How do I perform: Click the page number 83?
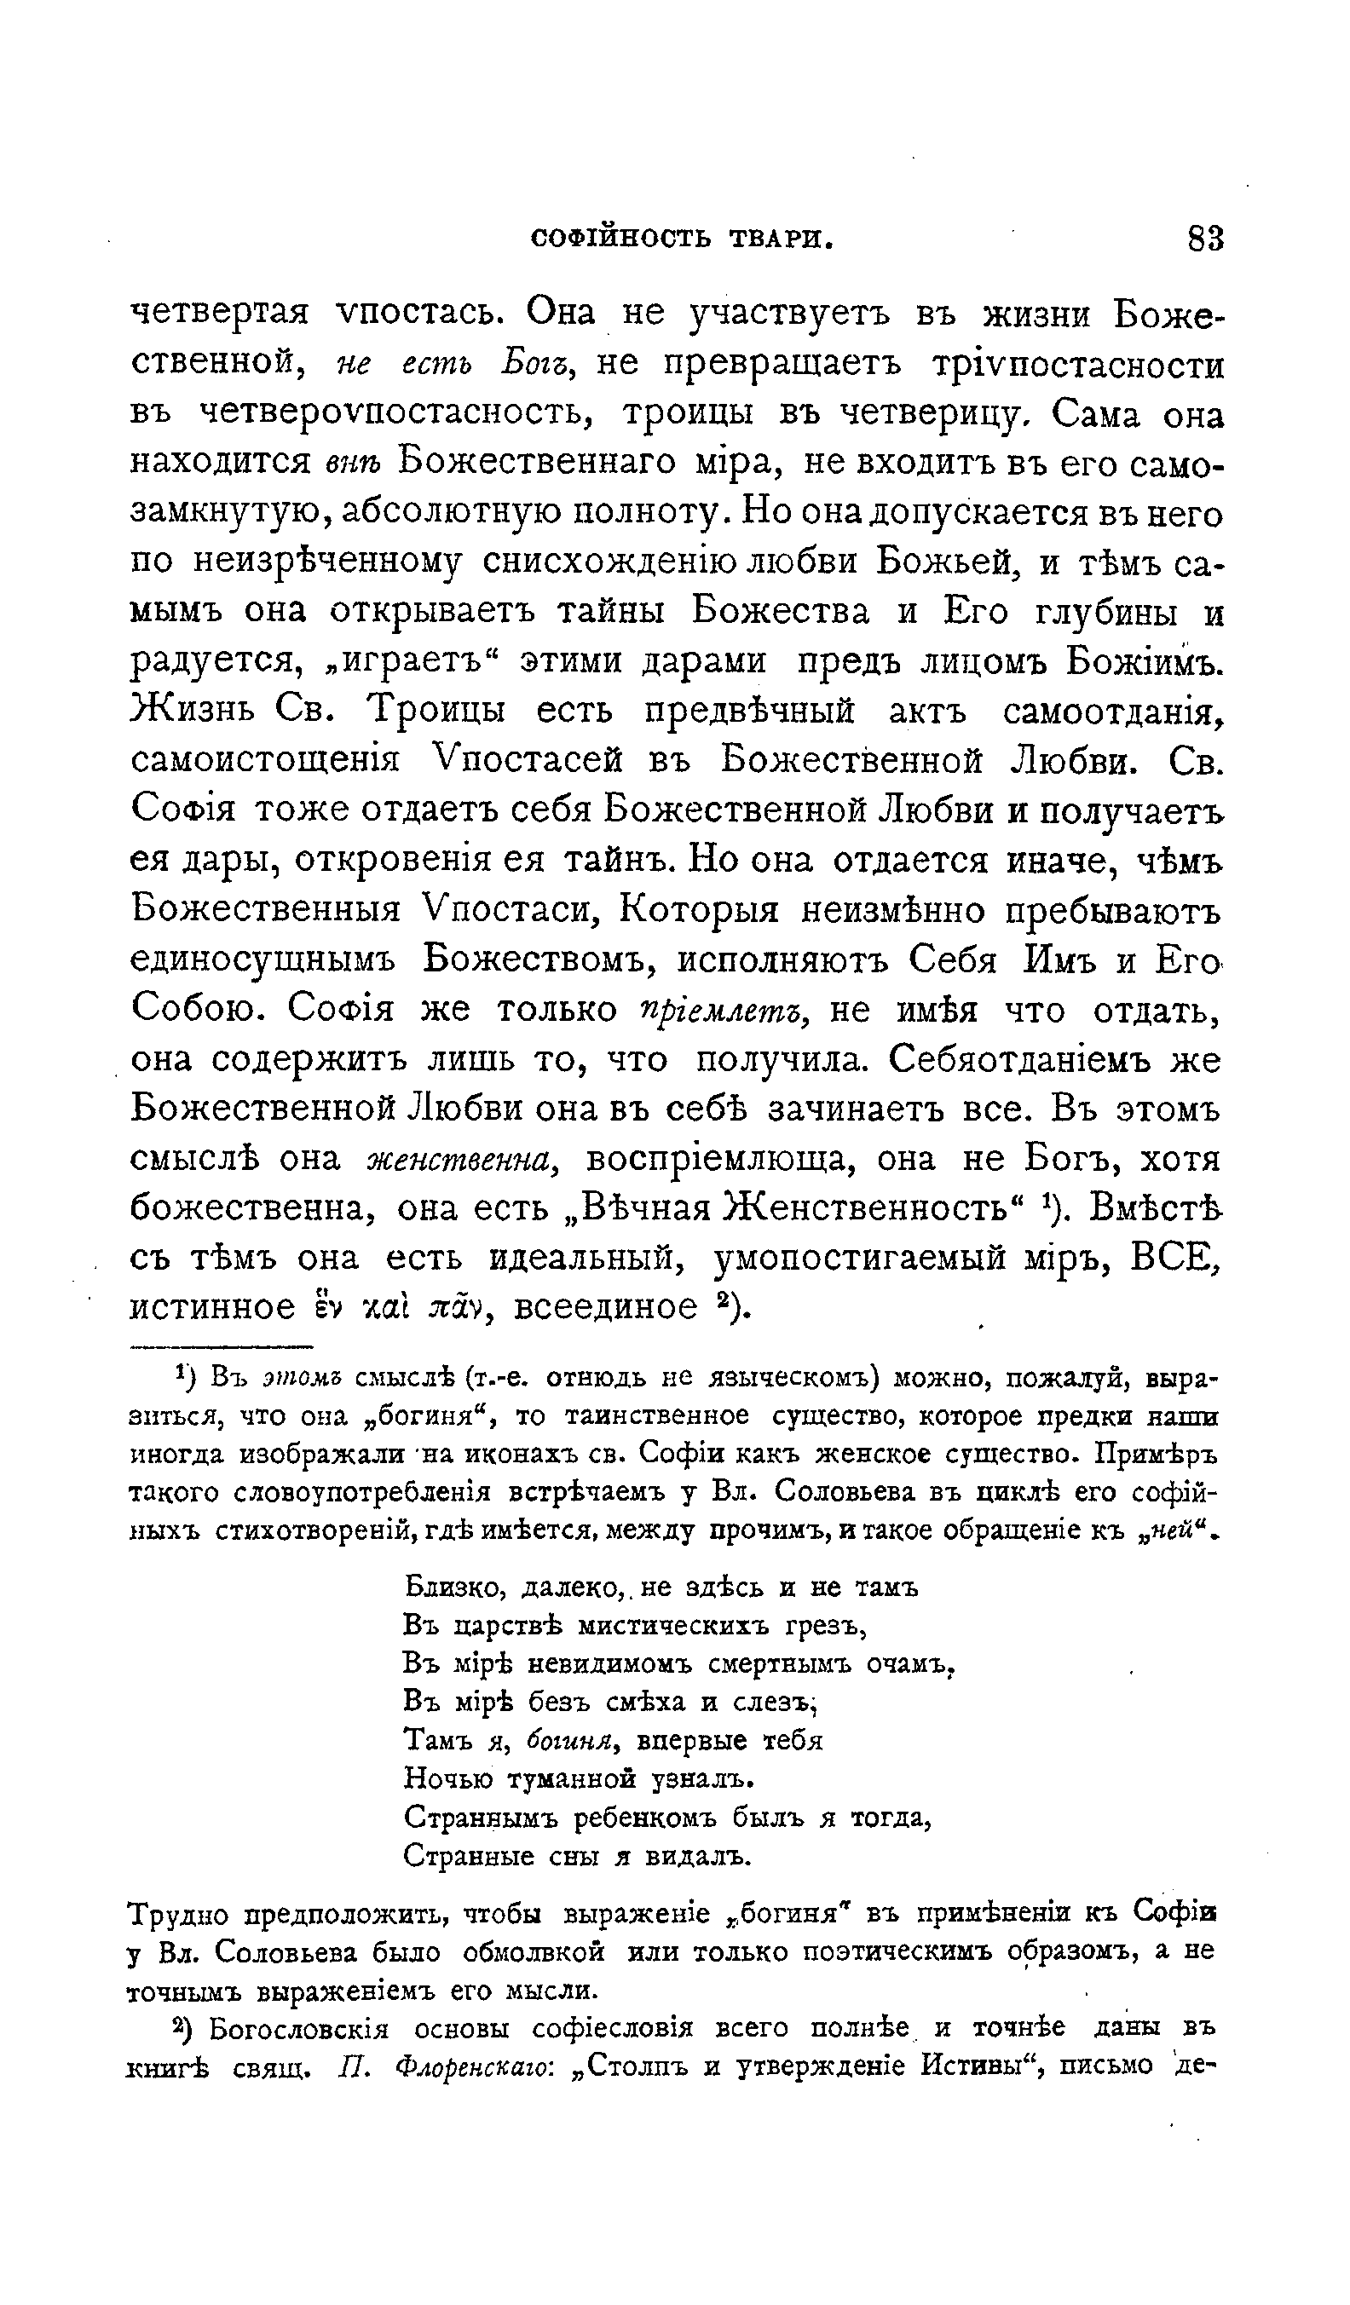(x=1204, y=239)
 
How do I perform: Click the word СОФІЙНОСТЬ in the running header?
(x=621, y=239)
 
